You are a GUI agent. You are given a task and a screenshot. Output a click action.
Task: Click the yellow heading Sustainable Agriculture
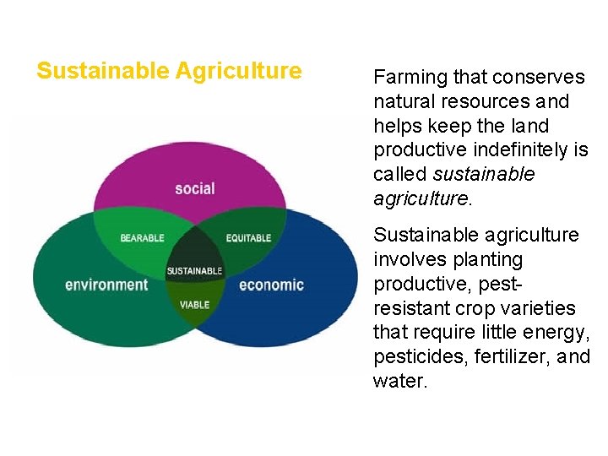pyautogui.click(x=169, y=71)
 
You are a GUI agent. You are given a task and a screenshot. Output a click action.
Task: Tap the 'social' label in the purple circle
pyautogui.click(x=195, y=188)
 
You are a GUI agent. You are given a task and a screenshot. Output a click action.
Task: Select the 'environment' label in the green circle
pyautogui.click(x=106, y=284)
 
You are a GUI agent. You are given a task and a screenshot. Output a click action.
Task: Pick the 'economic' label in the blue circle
pyautogui.click(x=271, y=284)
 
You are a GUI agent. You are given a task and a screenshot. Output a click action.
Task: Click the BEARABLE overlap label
pyautogui.click(x=142, y=238)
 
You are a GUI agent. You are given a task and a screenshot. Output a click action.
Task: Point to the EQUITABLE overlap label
pyautogui.click(x=248, y=238)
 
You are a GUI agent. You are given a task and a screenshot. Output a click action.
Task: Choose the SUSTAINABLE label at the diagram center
pyautogui.click(x=194, y=271)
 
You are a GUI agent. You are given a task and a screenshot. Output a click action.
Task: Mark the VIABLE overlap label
pyautogui.click(x=194, y=305)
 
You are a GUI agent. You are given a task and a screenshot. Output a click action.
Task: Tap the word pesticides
pyautogui.click(x=413, y=357)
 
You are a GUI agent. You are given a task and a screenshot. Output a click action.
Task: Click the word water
pyautogui.click(x=400, y=382)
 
